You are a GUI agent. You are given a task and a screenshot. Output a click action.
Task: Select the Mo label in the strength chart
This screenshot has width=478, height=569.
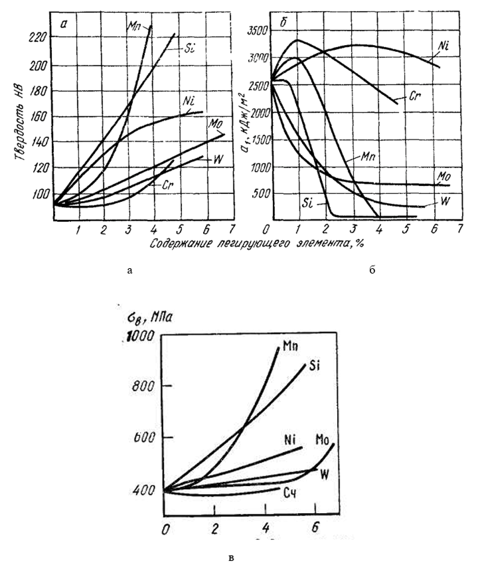pyautogui.click(x=325, y=439)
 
